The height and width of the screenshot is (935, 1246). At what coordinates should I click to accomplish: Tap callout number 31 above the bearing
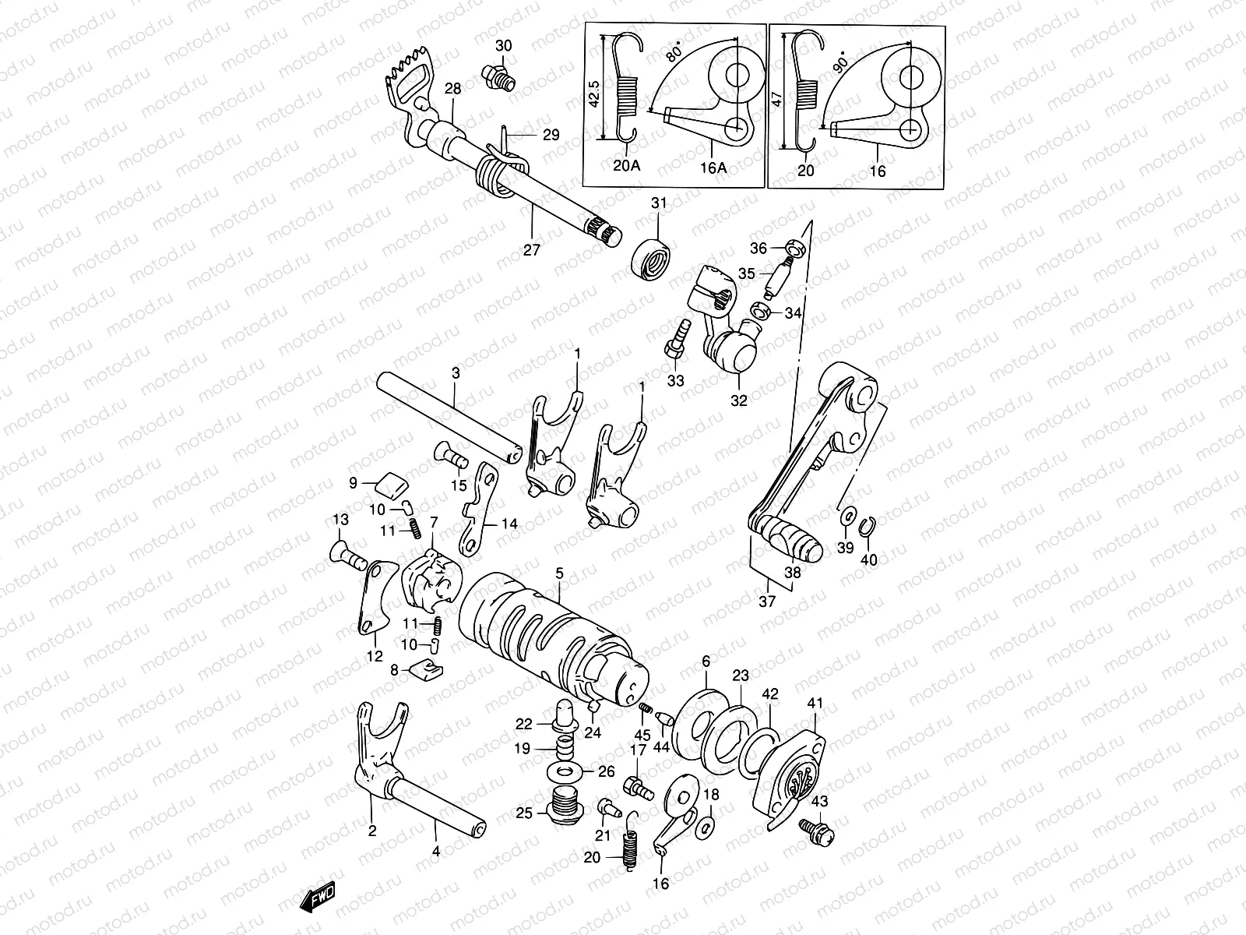660,203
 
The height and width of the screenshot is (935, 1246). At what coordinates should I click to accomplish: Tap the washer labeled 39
847,517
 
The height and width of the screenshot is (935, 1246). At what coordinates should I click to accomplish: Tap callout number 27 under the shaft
531,250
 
